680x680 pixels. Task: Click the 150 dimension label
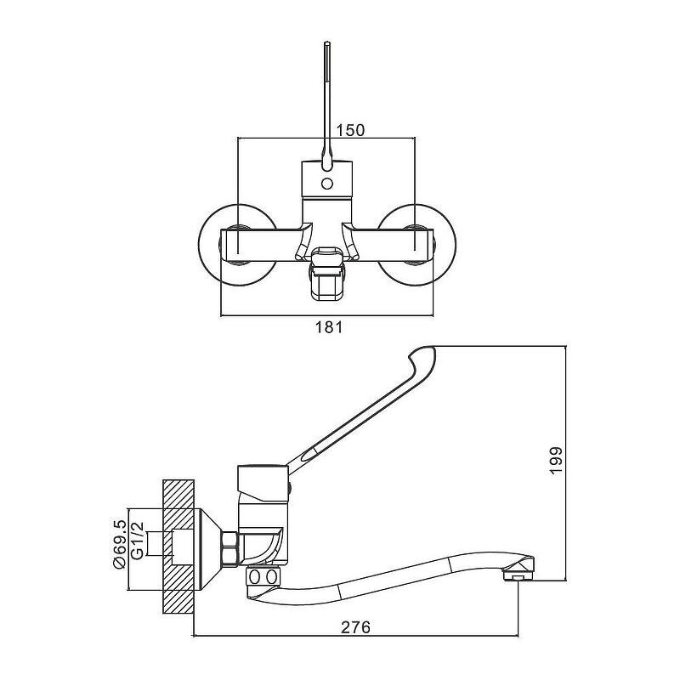click(x=350, y=130)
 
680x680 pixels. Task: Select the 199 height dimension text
click(x=557, y=460)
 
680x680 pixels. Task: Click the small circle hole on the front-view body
click(x=326, y=183)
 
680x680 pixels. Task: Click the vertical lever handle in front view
click(x=326, y=93)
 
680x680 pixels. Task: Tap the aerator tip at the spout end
click(x=516, y=577)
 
